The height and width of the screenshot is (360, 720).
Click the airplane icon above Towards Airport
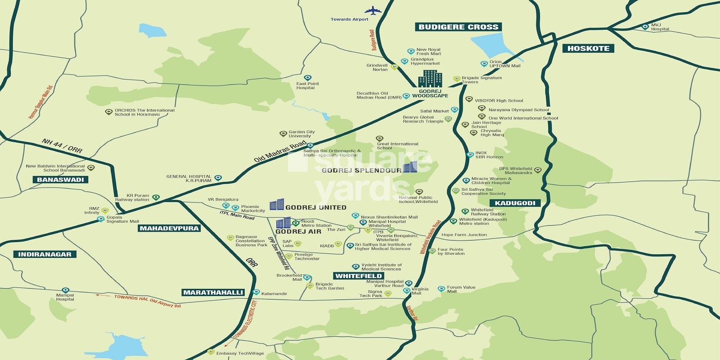(x=373, y=10)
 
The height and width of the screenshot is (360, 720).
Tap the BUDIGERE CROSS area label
(x=458, y=27)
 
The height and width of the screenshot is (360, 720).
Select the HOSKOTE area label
(x=588, y=48)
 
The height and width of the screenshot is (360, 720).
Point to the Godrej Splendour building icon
(x=410, y=167)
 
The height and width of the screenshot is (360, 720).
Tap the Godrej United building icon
(x=277, y=204)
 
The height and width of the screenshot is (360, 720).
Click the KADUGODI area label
(x=515, y=203)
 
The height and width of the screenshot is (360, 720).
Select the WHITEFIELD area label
(x=359, y=276)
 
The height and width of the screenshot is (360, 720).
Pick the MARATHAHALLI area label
(x=213, y=292)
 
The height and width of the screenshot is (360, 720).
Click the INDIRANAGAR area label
(x=45, y=254)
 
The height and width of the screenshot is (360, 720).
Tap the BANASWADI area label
(x=60, y=180)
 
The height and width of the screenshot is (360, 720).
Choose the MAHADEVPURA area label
(x=169, y=228)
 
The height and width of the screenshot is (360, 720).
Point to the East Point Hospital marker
(x=307, y=78)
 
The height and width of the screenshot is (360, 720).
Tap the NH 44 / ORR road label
(x=62, y=146)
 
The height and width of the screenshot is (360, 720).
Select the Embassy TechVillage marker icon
(x=210, y=352)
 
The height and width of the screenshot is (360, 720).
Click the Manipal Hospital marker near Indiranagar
(x=65, y=290)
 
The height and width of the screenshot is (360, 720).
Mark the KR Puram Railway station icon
(x=156, y=198)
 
